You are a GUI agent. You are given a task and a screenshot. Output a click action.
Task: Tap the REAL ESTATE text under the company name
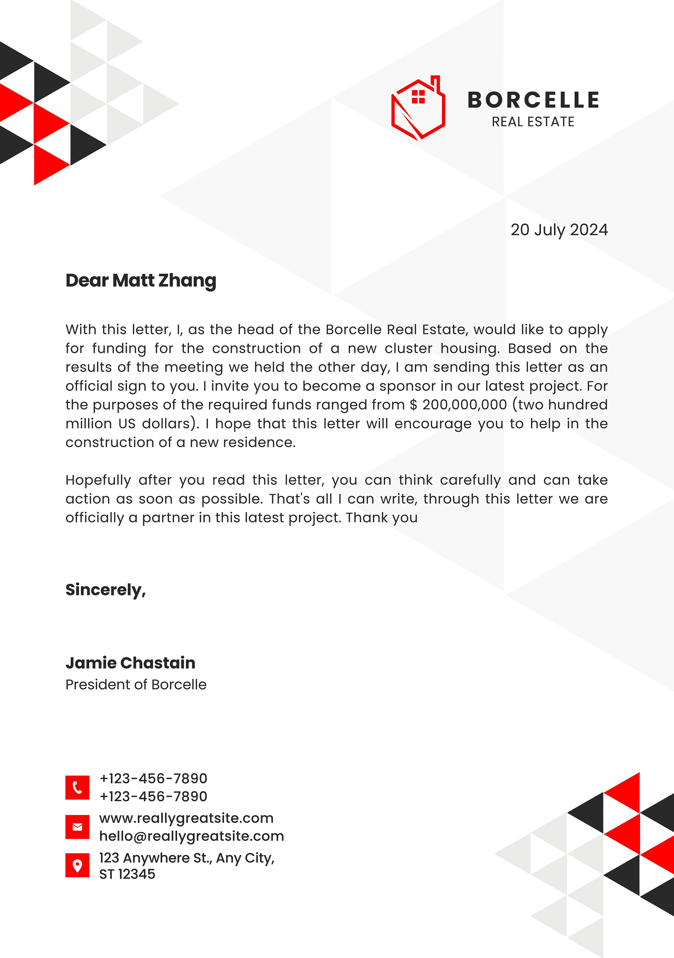pyautogui.click(x=533, y=122)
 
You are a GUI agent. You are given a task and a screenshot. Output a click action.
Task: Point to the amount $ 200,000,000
pyautogui.click(x=458, y=405)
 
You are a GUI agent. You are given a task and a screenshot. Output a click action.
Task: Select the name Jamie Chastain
pyautogui.click(x=130, y=663)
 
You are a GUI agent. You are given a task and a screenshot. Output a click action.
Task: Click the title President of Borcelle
pyautogui.click(x=136, y=685)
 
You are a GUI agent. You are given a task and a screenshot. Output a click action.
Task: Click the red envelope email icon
pyautogui.click(x=77, y=827)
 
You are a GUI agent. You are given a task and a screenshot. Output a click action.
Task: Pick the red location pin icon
pyautogui.click(x=77, y=865)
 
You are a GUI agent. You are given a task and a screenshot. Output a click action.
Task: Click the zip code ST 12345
pyautogui.click(x=127, y=874)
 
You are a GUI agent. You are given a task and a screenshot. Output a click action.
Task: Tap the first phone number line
pyautogui.click(x=153, y=778)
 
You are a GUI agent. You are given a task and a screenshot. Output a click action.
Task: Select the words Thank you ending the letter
pyautogui.click(x=382, y=518)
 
